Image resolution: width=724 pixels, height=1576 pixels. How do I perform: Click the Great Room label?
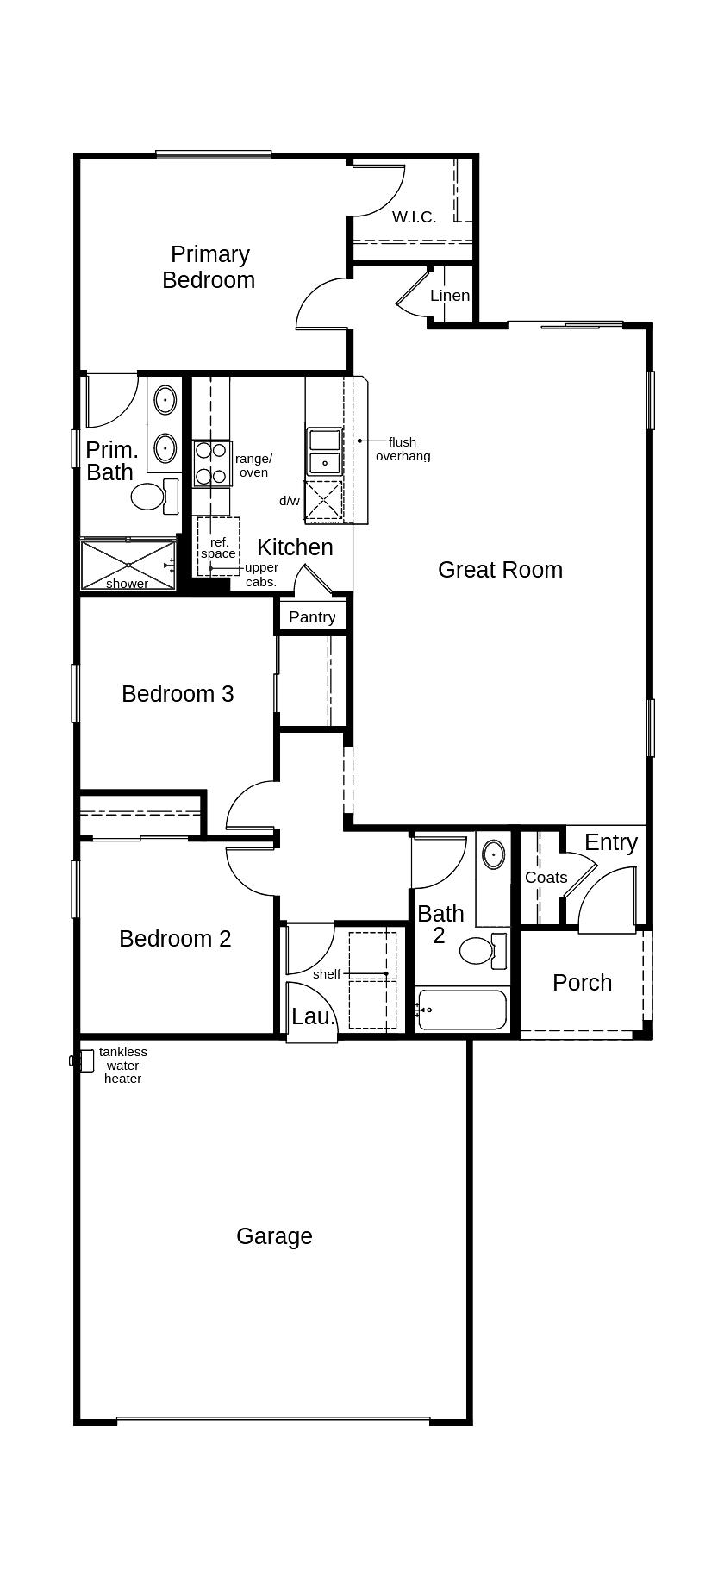[x=500, y=570]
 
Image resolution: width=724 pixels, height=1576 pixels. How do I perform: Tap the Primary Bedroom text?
[x=209, y=267]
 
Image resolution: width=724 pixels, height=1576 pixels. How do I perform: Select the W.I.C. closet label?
[x=414, y=217]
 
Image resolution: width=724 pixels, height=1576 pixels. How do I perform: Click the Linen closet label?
[x=450, y=296]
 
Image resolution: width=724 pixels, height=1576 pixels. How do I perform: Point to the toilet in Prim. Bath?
[x=148, y=497]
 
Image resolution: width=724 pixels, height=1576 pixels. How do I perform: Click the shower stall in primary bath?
[x=128, y=565]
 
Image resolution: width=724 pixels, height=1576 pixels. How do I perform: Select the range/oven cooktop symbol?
[x=211, y=463]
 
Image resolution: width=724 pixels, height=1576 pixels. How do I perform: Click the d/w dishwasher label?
[x=290, y=501]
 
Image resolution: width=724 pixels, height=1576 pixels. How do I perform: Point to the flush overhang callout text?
[x=403, y=449]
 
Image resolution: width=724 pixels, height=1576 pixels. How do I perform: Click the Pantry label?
[x=312, y=617]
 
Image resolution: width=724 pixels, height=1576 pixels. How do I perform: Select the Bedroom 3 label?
[x=178, y=694]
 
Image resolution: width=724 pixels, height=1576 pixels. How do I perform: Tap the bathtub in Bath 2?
[x=462, y=1010]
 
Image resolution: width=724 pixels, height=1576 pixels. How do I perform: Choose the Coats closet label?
[x=546, y=878]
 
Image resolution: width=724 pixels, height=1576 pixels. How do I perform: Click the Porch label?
[x=582, y=983]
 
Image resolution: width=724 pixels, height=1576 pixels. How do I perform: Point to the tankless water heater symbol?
[x=84, y=1060]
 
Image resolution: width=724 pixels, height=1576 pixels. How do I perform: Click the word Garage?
[x=274, y=1236]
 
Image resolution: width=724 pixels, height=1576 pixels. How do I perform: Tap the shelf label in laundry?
[x=327, y=974]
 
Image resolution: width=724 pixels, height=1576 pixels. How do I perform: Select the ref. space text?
[x=218, y=548]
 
